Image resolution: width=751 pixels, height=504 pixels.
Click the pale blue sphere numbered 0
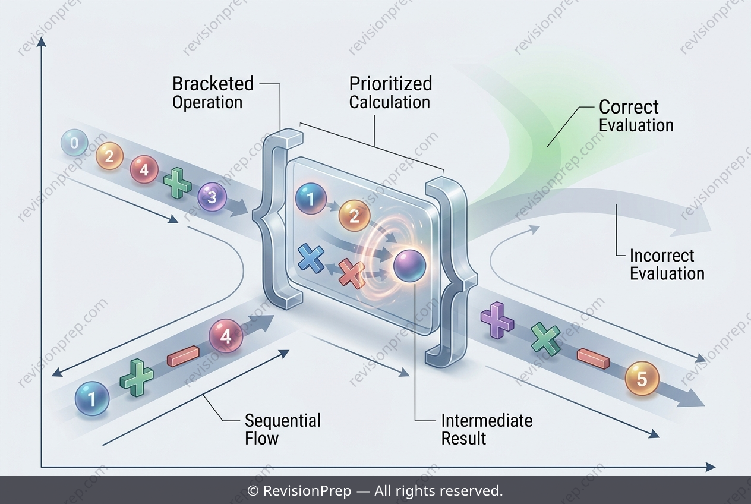pyautogui.click(x=74, y=143)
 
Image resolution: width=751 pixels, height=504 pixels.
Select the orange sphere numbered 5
pyautogui.click(x=642, y=378)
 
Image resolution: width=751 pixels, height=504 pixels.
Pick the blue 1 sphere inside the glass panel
pyautogui.click(x=311, y=199)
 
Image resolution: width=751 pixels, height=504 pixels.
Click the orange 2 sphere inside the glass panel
pyautogui.click(x=354, y=216)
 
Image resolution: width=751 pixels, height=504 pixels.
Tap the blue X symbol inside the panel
pyautogui.click(x=311, y=258)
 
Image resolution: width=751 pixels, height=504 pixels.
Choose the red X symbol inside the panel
pyautogui.click(x=351, y=274)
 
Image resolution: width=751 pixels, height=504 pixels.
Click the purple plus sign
pyautogui.click(x=497, y=320)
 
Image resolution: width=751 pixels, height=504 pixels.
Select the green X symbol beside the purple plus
pyautogui.click(x=546, y=339)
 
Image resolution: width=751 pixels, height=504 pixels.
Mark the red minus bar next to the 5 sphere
pyautogui.click(x=594, y=358)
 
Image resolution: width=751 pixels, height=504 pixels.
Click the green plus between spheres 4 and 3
pyautogui.click(x=178, y=183)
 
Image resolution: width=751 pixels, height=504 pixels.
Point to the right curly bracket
pyautogui.click(x=451, y=273)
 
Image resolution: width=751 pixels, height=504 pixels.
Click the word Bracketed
pyautogui.click(x=213, y=84)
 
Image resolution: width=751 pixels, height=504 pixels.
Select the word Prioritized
pyautogui.click(x=390, y=84)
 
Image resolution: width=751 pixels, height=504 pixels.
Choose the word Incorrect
pyautogui.click(x=662, y=256)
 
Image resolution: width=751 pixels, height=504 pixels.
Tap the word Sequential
pyautogui.click(x=283, y=421)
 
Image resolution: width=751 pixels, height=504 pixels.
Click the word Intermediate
pyautogui.click(x=487, y=421)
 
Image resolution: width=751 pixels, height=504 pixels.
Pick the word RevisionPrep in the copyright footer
pyautogui.click(x=307, y=490)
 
